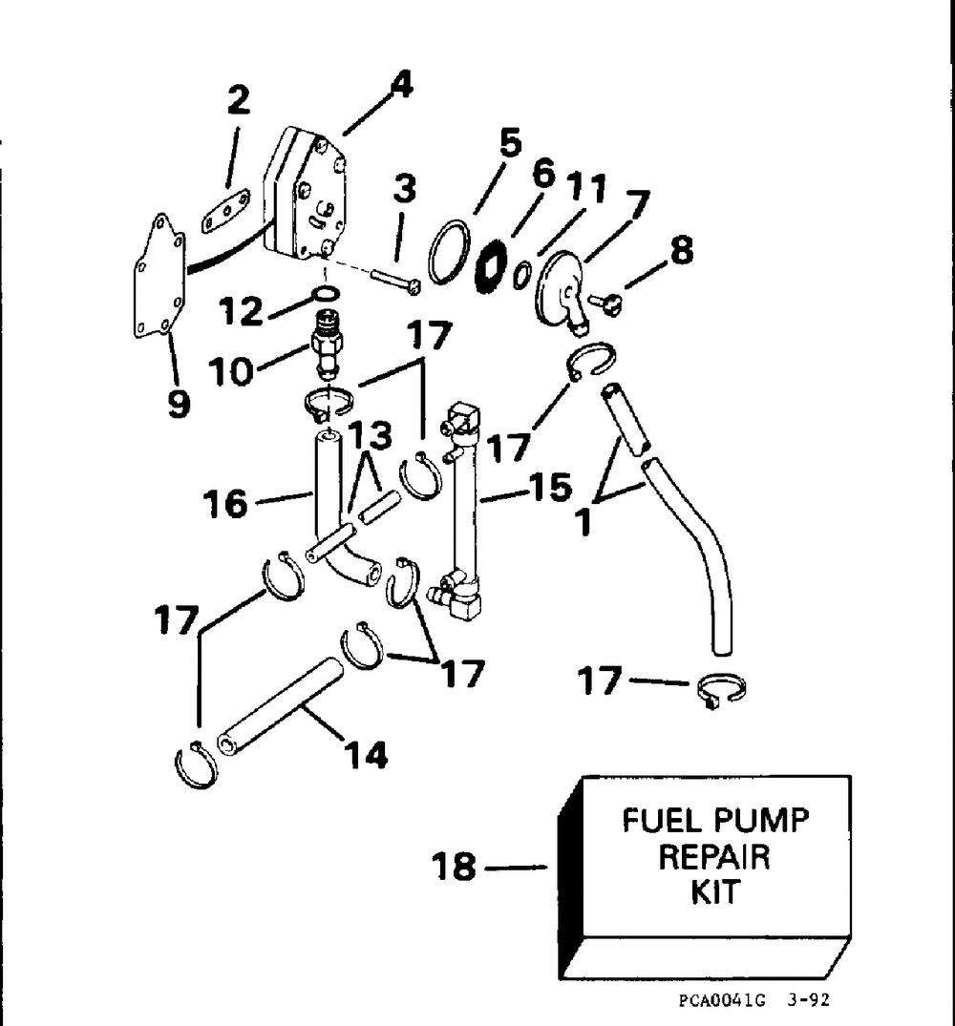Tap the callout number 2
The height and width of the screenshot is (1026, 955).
click(238, 101)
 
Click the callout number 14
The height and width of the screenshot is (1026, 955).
click(368, 755)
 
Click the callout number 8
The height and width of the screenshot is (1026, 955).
click(680, 250)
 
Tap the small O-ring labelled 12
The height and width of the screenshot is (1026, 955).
click(325, 292)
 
